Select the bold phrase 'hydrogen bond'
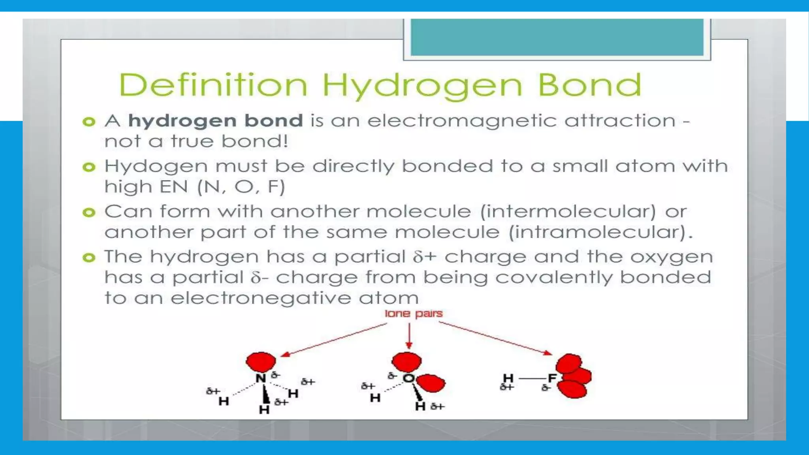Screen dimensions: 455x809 click(x=216, y=120)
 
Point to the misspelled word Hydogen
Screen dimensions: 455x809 click(x=156, y=167)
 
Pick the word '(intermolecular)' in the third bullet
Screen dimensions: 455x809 click(x=568, y=212)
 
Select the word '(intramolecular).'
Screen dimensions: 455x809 click(x=600, y=232)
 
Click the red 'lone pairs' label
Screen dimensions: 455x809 click(x=414, y=314)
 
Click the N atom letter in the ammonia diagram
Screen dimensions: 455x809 click(x=261, y=378)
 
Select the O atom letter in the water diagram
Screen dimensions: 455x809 click(x=408, y=378)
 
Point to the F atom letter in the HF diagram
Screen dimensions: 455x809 click(x=552, y=378)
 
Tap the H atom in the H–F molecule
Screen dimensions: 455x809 click(x=508, y=378)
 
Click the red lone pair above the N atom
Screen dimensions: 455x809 click(x=261, y=361)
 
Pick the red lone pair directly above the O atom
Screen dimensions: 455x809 click(x=406, y=361)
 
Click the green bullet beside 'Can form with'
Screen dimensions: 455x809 click(x=89, y=212)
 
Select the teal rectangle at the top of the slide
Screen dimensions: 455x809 click(x=557, y=37)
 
